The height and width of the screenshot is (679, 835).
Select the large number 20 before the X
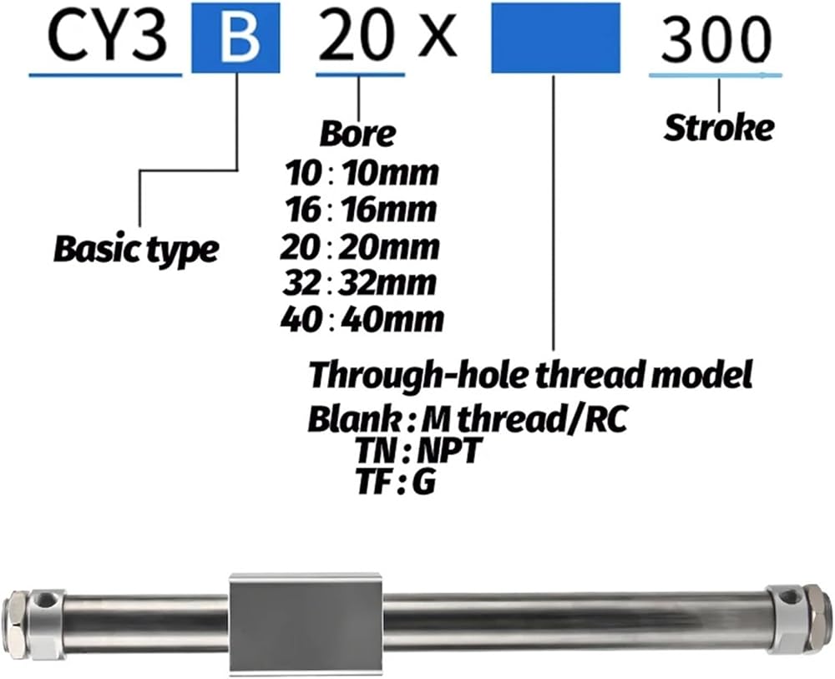pyautogui.click(x=360, y=38)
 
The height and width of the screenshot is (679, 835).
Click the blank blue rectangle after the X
pyautogui.click(x=555, y=38)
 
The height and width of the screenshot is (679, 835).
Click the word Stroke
pyautogui.click(x=718, y=128)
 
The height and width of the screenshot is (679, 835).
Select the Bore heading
pyautogui.click(x=357, y=134)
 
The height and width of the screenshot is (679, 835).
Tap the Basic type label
pyautogui.click(x=136, y=248)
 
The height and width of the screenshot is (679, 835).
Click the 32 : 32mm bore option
pyautogui.click(x=359, y=283)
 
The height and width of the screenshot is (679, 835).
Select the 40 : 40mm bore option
pyautogui.click(x=361, y=320)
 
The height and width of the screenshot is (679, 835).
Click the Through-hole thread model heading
pyautogui.click(x=531, y=375)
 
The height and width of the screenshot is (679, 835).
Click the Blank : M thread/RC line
pyautogui.click(x=468, y=418)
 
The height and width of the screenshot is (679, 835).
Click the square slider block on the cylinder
pyautogui.click(x=306, y=618)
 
